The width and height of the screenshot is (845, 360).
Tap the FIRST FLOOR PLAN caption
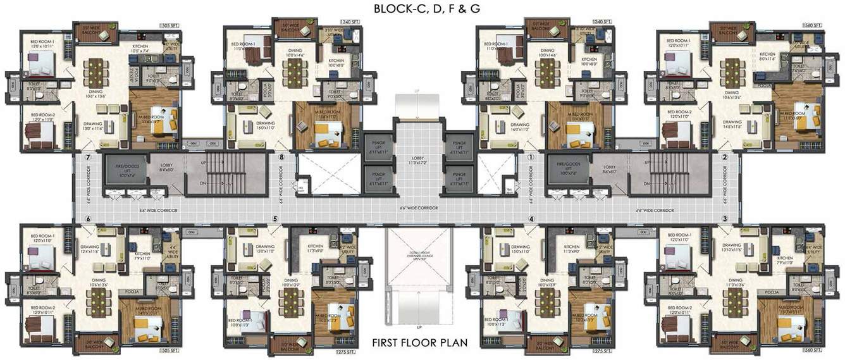tap(419, 344)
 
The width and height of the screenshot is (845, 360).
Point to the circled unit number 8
tap(281, 158)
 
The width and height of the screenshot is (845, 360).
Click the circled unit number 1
tap(531, 158)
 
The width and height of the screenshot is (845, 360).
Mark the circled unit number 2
tap(724, 158)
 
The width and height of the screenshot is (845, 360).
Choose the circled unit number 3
tap(724, 219)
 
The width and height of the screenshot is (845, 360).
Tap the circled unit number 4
tap(531, 220)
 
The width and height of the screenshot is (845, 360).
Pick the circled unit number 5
tap(275, 220)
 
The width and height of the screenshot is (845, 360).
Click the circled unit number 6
tap(89, 220)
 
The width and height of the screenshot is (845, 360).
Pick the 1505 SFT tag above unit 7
tap(170, 25)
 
